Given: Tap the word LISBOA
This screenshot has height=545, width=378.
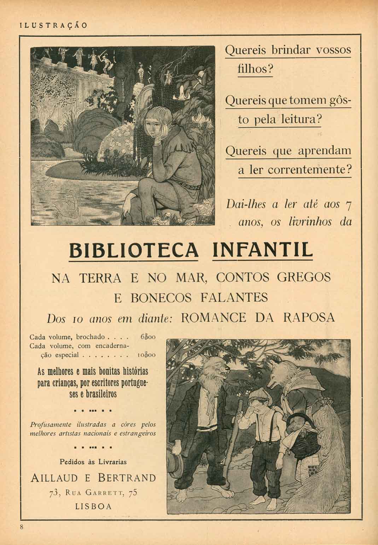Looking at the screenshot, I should [x=93, y=506].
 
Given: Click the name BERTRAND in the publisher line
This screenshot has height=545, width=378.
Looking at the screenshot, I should [x=126, y=478].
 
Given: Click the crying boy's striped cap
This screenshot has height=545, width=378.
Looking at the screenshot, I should [x=259, y=394].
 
